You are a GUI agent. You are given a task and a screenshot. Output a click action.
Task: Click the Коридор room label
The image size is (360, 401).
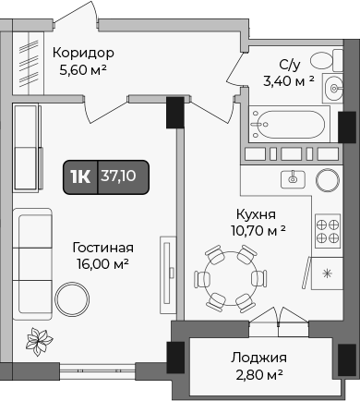(82, 53)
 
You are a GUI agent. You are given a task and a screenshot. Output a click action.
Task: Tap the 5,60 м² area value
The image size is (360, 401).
(82, 69)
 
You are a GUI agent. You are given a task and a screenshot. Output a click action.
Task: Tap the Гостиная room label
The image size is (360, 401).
(102, 248)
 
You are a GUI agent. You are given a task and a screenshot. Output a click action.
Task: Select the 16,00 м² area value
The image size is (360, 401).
(102, 264)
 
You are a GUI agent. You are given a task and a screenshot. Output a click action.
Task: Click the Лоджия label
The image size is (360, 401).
(258, 358)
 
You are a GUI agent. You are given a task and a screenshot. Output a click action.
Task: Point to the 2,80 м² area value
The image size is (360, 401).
(258, 374)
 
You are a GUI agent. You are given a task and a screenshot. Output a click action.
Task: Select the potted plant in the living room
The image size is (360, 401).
(38, 342)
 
